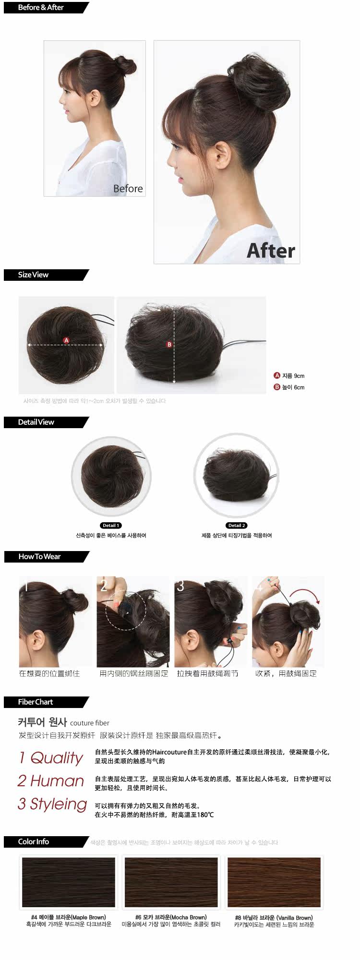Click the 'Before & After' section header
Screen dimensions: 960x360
click(x=41, y=8)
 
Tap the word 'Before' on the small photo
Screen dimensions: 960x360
click(x=128, y=189)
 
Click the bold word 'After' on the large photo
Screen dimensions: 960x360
click(x=271, y=251)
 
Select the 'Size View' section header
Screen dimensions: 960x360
click(x=33, y=275)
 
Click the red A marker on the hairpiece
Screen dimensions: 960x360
click(x=66, y=340)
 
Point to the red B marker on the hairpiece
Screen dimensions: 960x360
click(x=169, y=344)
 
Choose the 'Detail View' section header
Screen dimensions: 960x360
click(x=36, y=422)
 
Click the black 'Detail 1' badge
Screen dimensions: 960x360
click(x=111, y=526)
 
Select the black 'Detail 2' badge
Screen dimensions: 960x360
click(x=237, y=526)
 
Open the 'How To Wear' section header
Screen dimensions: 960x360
click(x=39, y=557)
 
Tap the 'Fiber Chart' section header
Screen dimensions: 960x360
click(x=36, y=702)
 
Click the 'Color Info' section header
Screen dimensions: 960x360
click(x=34, y=842)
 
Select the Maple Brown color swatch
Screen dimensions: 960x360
click(x=69, y=882)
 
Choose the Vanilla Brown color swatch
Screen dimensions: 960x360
click(x=274, y=882)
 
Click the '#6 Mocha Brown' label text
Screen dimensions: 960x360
click(x=171, y=917)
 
